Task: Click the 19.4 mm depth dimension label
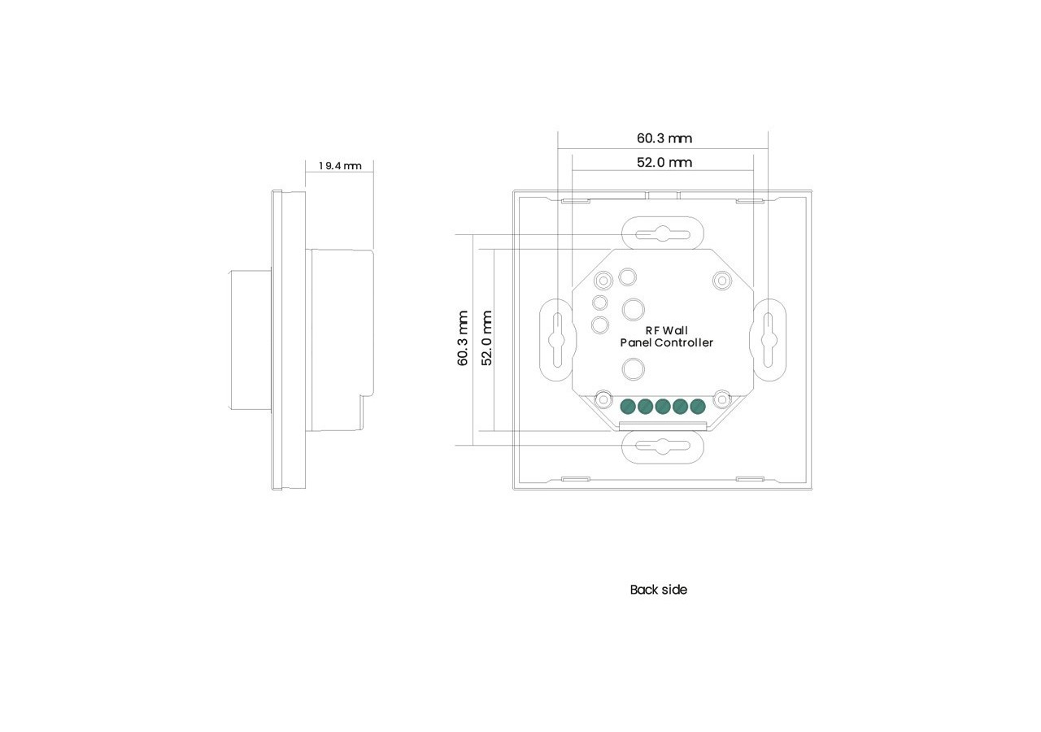[x=340, y=166]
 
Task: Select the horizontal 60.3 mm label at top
[x=664, y=138]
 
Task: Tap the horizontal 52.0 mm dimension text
[x=664, y=163]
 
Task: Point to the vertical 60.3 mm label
[x=463, y=338]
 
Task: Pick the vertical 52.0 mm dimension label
[x=487, y=338]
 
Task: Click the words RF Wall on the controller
[x=666, y=330]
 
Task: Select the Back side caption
[x=658, y=590]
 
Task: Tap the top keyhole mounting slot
[x=662, y=234]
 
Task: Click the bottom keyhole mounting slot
[x=662, y=446]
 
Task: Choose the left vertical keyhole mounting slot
[x=557, y=338]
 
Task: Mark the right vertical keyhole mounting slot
[x=768, y=338]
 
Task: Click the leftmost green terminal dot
[x=628, y=406]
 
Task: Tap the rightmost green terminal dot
[x=697, y=406]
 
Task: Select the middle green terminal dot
[x=663, y=406]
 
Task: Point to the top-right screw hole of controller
[x=721, y=281]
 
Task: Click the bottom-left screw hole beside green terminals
[x=603, y=399]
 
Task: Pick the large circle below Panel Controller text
[x=634, y=370]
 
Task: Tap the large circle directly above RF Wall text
[x=634, y=310]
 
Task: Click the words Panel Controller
[x=666, y=343]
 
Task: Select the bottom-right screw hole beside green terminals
[x=721, y=399]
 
